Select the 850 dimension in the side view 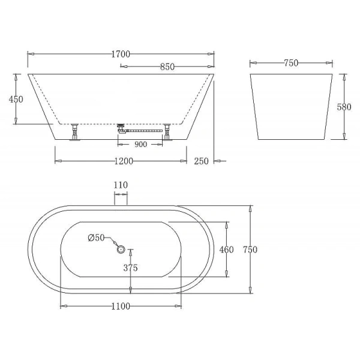pos(167,67)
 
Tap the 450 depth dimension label pos(16,99)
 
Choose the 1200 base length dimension pos(122,161)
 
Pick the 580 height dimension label pos(344,107)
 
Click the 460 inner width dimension pos(226,250)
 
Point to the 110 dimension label pos(121,185)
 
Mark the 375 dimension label pos(130,268)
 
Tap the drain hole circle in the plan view pos(121,249)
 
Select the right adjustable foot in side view pos(167,131)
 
